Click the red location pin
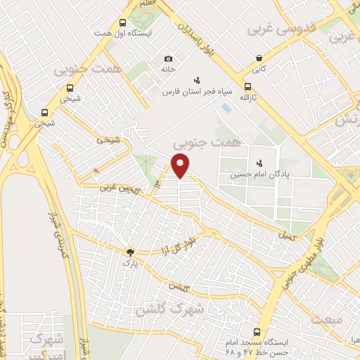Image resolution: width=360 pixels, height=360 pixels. click(x=181, y=166)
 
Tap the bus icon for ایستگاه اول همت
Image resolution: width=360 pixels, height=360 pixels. click(x=123, y=22)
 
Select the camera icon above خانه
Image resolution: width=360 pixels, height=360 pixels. click(x=167, y=59)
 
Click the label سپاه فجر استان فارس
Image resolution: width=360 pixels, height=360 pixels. click(x=191, y=92)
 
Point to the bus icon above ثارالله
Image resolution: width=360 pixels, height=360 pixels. click(x=247, y=88)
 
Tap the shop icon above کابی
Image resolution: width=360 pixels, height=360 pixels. click(x=259, y=58)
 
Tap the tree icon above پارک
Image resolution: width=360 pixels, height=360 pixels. click(x=129, y=252)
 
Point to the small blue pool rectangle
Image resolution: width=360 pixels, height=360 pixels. click(x=226, y=110)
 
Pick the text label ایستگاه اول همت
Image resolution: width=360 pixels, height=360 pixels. click(x=124, y=33)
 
